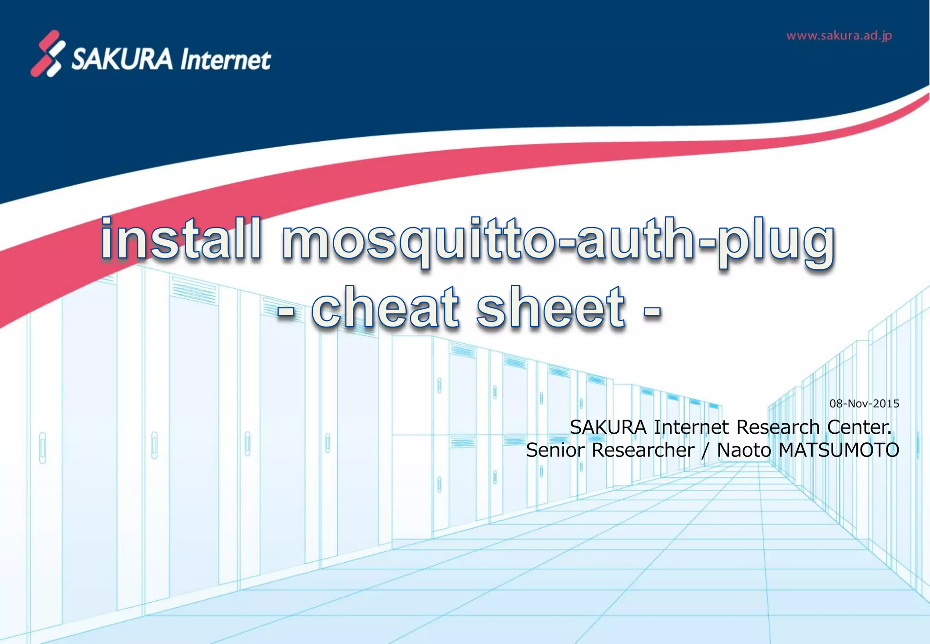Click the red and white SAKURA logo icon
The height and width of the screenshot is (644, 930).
point(48,54)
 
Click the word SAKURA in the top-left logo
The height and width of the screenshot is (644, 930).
point(122,59)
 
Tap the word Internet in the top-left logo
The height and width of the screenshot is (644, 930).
point(226,60)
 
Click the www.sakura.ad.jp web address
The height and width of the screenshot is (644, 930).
point(839,36)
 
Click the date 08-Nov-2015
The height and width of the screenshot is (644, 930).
point(864,403)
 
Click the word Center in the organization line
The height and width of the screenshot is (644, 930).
point(859,427)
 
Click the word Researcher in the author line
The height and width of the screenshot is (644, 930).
point(643,450)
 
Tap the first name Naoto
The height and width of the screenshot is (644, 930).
point(744,450)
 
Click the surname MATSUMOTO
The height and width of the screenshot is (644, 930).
point(839,450)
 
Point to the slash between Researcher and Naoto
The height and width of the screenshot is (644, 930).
point(705,451)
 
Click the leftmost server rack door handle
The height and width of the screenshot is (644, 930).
point(43,447)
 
